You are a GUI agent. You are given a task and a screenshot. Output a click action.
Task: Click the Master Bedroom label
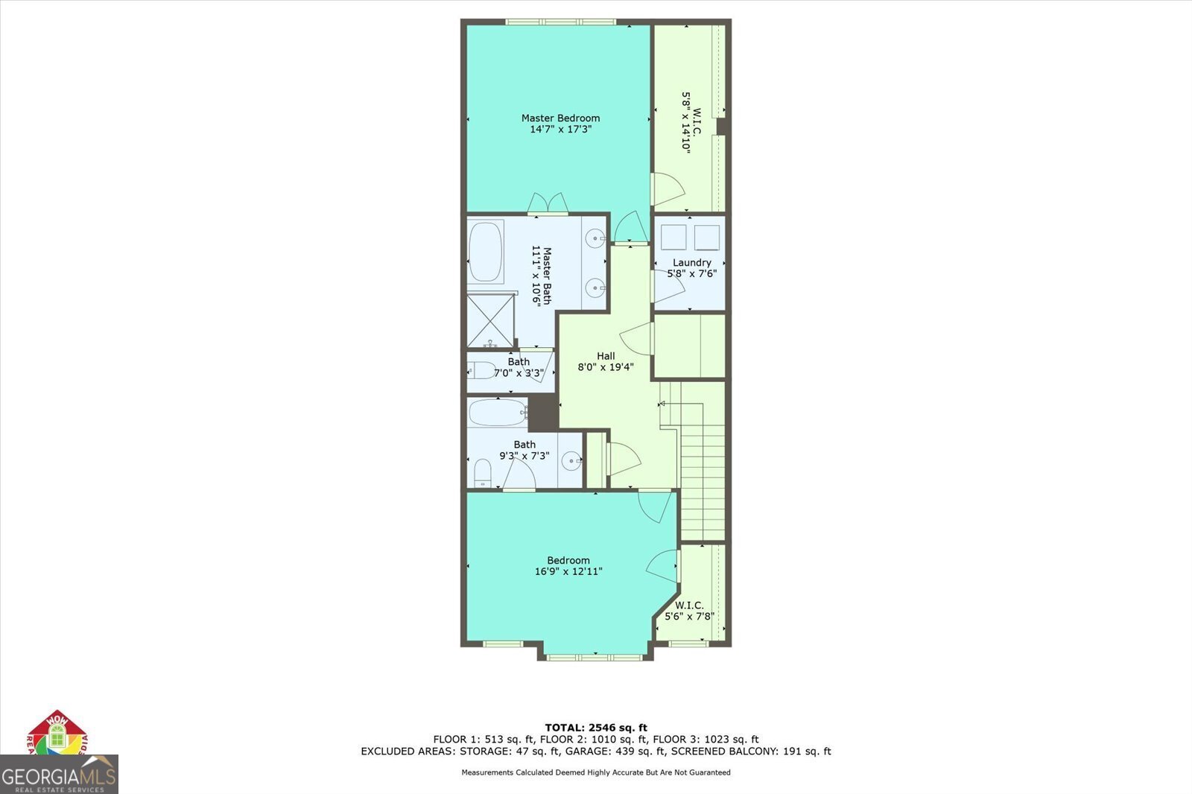coord(560,118)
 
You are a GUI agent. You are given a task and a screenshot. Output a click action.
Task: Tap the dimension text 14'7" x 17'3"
coord(560,130)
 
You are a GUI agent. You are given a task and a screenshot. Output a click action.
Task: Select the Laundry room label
coord(691,262)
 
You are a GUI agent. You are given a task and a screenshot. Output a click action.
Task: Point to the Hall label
coord(606,356)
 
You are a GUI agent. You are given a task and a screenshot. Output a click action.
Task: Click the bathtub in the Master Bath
coord(486,252)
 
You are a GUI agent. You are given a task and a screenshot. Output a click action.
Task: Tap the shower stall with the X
coord(490,320)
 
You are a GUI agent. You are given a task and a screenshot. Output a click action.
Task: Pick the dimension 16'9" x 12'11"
coord(568,572)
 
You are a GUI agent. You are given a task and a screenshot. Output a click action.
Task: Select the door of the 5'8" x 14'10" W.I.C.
coord(667,189)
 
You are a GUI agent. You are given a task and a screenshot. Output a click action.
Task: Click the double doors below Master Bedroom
coord(548,203)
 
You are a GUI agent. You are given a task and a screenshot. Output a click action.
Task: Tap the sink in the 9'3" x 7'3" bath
coord(571,461)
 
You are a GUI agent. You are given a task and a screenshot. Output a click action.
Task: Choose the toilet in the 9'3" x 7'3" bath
coord(483,471)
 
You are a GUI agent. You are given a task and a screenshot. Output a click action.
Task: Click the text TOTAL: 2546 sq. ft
coord(596,728)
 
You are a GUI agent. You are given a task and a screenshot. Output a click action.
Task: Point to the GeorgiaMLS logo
coord(59,775)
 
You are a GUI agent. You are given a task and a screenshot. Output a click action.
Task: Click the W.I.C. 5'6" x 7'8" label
coord(689,611)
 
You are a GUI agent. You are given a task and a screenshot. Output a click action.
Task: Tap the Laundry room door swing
coord(667,287)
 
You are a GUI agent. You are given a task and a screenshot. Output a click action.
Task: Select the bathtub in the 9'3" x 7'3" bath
coord(497,412)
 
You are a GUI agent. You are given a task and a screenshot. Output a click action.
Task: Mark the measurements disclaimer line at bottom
coord(596,772)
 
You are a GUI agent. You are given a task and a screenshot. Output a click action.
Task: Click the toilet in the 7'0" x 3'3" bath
coord(482,370)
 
